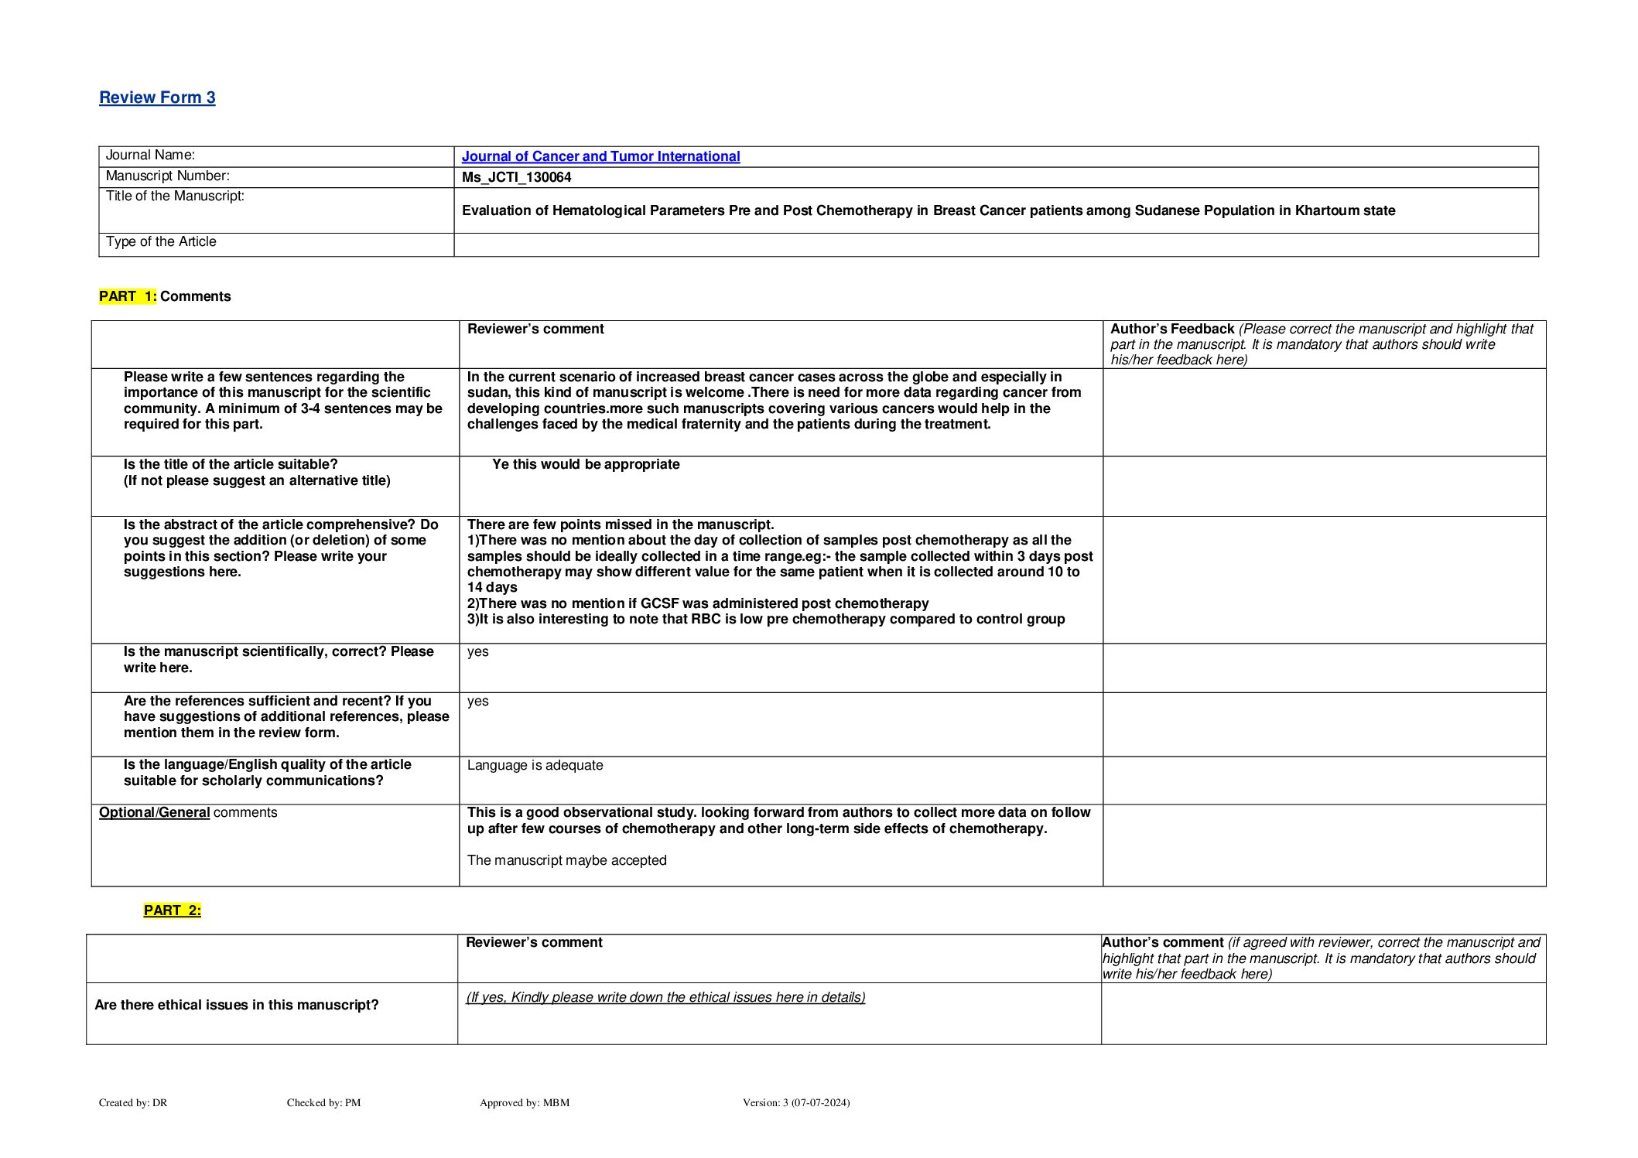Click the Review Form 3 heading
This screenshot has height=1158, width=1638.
pos(157,97)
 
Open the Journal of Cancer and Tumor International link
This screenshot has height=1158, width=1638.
pos(600,156)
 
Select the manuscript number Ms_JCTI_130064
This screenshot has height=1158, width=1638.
pos(516,177)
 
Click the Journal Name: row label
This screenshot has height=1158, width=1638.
pos(150,155)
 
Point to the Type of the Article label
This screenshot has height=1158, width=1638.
pos(161,241)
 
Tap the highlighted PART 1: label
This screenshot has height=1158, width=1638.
pos(128,296)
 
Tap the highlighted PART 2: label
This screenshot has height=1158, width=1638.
pos(172,910)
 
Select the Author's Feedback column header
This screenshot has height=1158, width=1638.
pos(1171,329)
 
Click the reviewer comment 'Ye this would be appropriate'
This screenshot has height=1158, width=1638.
pos(586,464)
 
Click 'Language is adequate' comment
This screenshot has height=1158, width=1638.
pos(535,765)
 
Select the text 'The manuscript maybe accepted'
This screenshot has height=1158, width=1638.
pos(566,860)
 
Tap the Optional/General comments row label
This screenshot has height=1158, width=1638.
pos(187,812)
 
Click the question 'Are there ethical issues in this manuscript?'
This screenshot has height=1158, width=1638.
pos(236,1005)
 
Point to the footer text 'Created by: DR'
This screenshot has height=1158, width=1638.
pos(133,1102)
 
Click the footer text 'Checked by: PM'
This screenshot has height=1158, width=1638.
pos(323,1102)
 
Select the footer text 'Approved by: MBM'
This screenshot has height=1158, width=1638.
pos(524,1102)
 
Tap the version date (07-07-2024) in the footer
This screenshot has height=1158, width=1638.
pos(820,1102)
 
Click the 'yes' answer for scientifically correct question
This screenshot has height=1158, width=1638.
pos(477,651)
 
